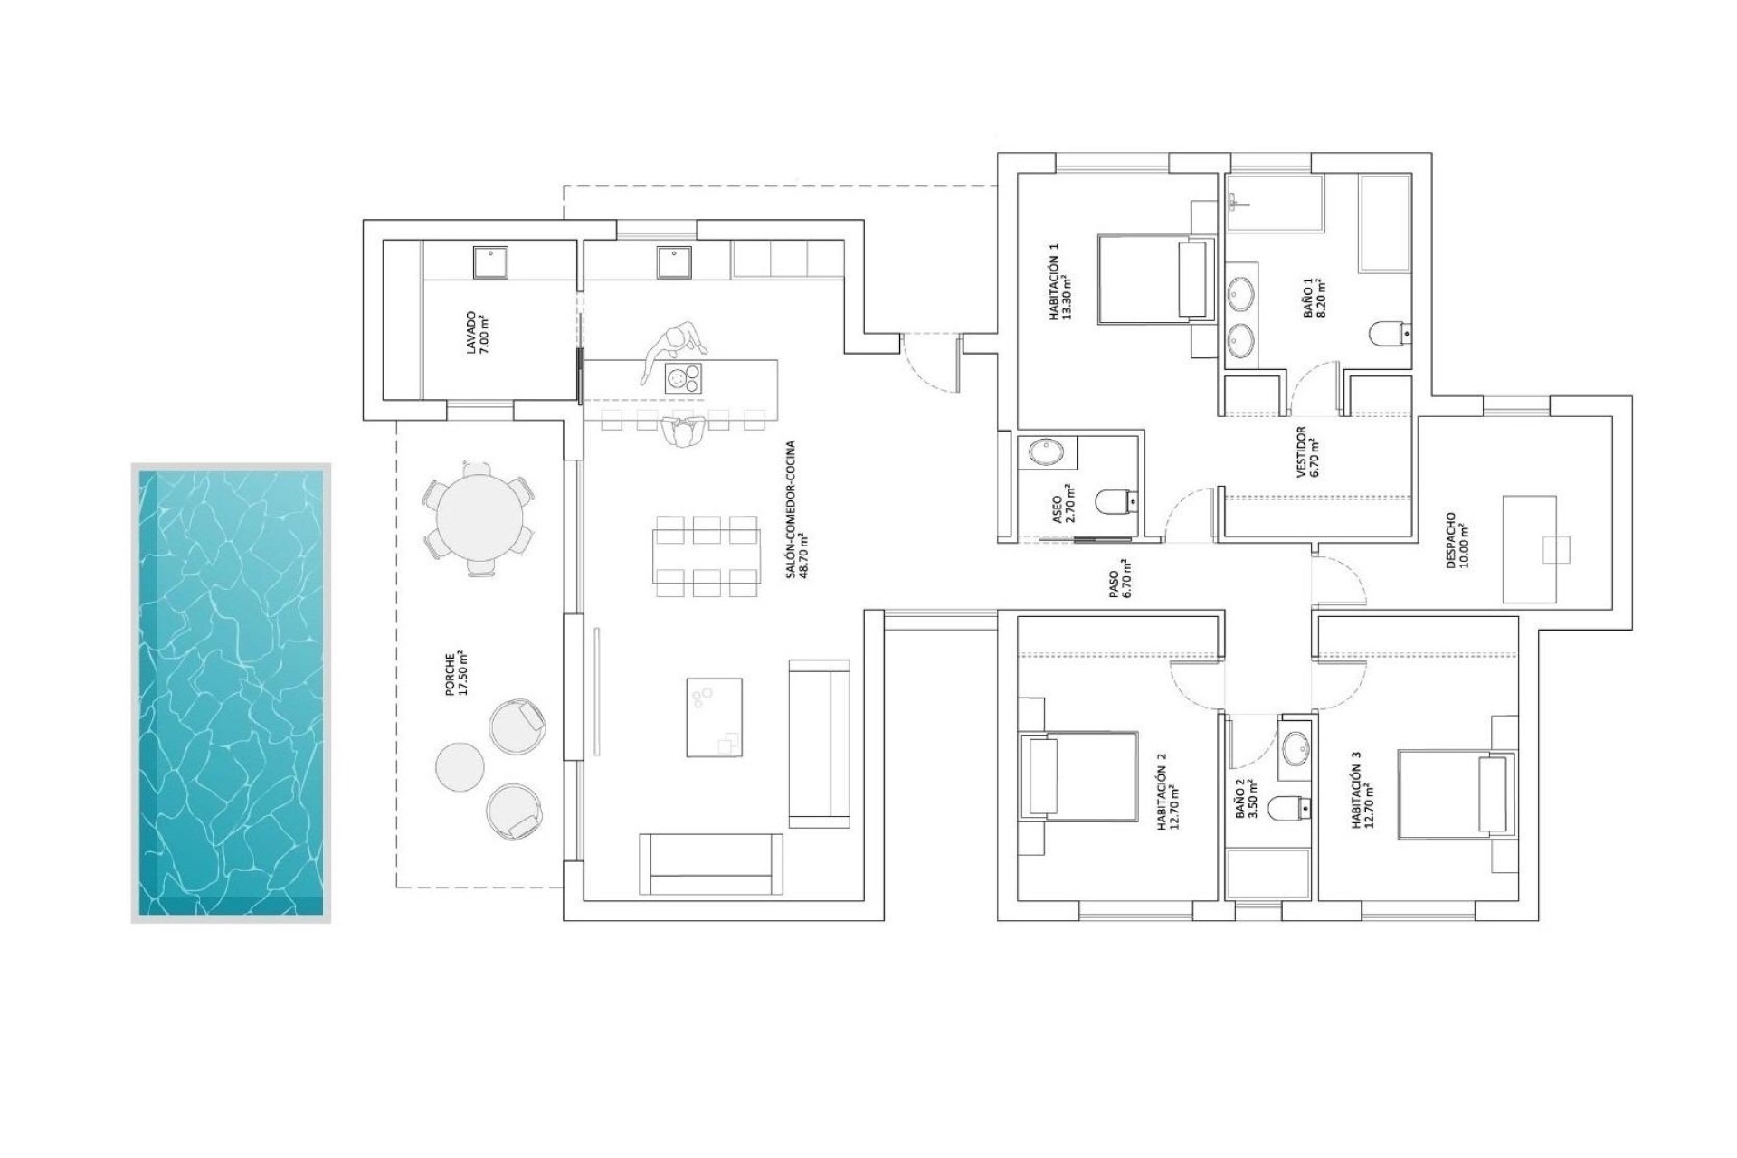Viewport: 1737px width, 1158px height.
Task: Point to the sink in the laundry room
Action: click(490, 262)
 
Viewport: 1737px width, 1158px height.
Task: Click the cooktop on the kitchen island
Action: click(684, 378)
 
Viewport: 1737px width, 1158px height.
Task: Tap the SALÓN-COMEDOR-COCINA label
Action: click(795, 509)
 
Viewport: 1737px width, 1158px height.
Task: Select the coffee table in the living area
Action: click(714, 717)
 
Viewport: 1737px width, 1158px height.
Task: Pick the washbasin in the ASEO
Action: click(1048, 451)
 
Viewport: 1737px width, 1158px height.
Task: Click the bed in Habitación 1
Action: click(1154, 280)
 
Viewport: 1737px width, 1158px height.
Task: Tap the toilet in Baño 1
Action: click(1390, 335)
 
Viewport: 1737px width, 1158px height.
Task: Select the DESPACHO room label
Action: click(1457, 540)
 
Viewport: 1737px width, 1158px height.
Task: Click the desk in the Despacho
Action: click(1530, 549)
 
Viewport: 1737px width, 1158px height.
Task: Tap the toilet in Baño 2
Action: click(1286, 807)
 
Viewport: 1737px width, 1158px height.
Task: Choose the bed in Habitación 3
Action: click(1456, 793)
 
